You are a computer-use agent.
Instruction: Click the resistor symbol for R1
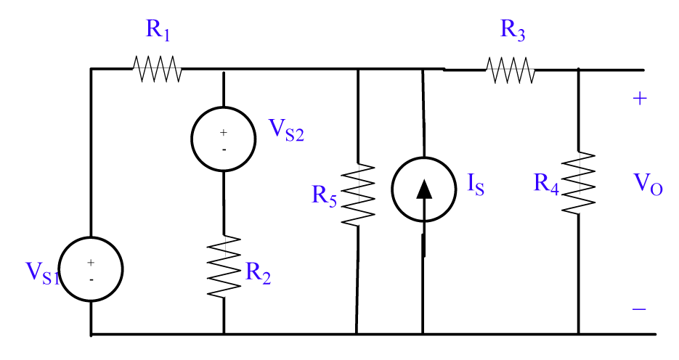tap(156, 70)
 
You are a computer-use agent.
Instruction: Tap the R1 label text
tap(160, 30)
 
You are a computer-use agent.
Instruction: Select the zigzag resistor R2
tap(223, 266)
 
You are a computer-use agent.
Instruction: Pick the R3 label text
tap(514, 30)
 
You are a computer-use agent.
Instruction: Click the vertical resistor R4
tap(579, 182)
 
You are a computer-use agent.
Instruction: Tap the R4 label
tap(546, 184)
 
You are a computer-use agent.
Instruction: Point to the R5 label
tap(325, 196)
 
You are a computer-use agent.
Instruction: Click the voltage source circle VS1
tap(91, 269)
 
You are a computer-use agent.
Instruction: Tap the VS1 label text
tap(42, 272)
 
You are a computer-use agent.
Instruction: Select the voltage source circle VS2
tap(223, 139)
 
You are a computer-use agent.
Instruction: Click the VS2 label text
tap(285, 130)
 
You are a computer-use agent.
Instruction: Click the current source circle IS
tap(423, 189)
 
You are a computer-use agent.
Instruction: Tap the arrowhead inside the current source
tap(424, 188)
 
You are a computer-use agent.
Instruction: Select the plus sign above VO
tap(639, 99)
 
